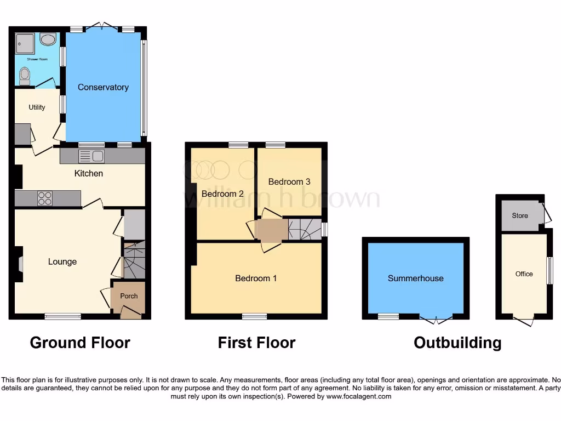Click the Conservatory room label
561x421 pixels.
(103, 87)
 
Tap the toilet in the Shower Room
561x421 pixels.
(25, 76)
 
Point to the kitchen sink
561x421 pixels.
(91, 156)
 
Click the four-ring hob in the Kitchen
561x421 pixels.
(45, 198)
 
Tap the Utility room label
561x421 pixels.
(37, 107)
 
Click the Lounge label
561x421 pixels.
(62, 261)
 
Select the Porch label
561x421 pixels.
(129, 296)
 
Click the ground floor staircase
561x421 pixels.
(134, 261)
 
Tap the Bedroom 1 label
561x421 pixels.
(256, 278)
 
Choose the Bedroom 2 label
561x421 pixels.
(222, 194)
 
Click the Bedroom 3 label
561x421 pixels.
(289, 181)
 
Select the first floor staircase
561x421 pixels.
(305, 229)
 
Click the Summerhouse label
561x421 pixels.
(416, 278)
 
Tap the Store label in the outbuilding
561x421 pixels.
(520, 215)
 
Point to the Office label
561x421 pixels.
(524, 274)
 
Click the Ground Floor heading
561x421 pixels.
(80, 343)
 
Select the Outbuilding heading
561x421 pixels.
(457, 343)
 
